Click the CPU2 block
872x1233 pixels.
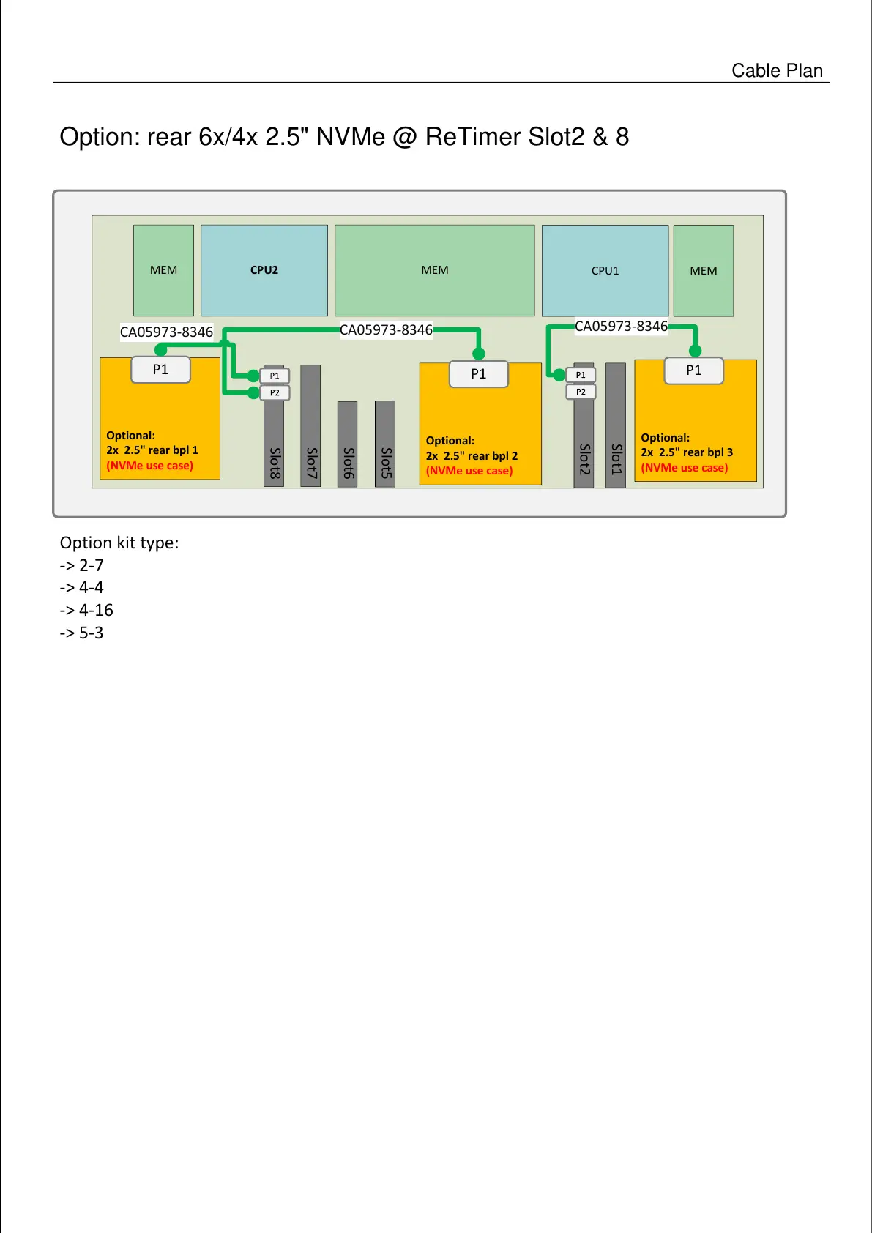[x=264, y=270]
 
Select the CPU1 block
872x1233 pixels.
[x=605, y=270]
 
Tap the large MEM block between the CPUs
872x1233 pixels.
[x=435, y=270]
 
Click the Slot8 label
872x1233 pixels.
[x=275, y=463]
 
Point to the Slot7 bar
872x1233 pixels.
[x=311, y=425]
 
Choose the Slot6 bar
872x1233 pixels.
[x=348, y=443]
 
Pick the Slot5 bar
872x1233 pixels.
[x=385, y=443]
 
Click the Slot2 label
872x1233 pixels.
[x=584, y=459]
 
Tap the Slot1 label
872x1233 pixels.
[x=616, y=459]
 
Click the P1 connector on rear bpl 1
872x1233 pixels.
[x=160, y=370]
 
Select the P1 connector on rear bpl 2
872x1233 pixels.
[x=478, y=374]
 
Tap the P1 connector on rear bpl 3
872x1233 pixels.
[x=693, y=370]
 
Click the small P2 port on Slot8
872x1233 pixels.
[x=275, y=393]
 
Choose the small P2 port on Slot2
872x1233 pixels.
[x=581, y=392]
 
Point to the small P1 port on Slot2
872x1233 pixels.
[x=581, y=375]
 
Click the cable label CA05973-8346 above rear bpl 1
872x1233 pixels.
[x=166, y=332]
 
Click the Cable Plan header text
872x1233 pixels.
[x=777, y=70]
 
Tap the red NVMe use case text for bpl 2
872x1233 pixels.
[x=469, y=471]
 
